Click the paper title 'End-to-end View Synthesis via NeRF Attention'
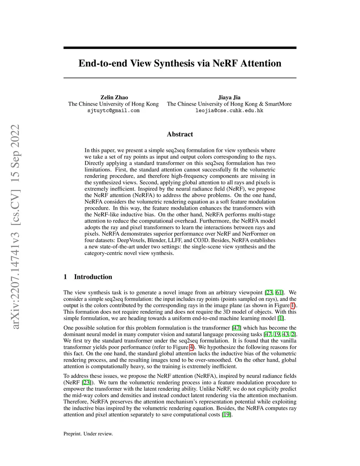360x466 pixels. tap(180, 63)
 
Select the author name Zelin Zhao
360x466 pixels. tap(114, 97)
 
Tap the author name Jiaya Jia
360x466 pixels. tap(229, 97)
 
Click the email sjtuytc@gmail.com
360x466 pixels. tap(113, 110)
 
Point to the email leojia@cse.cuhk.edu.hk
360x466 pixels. tap(229, 110)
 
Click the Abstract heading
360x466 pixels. tap(180, 134)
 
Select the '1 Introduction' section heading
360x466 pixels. tap(88, 277)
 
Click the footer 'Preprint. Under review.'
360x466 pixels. tap(88, 434)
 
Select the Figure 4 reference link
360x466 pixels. tap(191, 347)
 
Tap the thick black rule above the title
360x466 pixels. tap(180, 48)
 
